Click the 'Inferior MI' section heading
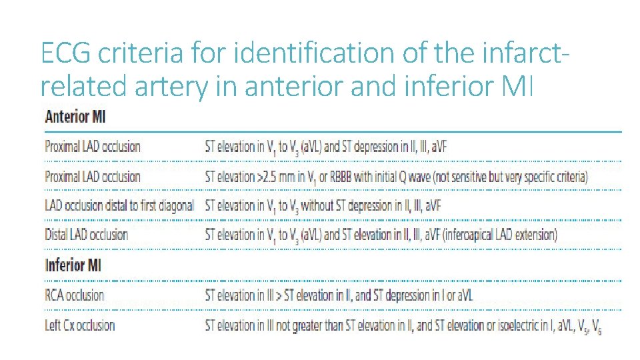click(73, 265)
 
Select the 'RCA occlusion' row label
click(74, 295)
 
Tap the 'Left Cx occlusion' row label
click(79, 325)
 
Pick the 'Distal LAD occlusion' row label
click(86, 235)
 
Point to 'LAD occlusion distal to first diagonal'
click(119, 205)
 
